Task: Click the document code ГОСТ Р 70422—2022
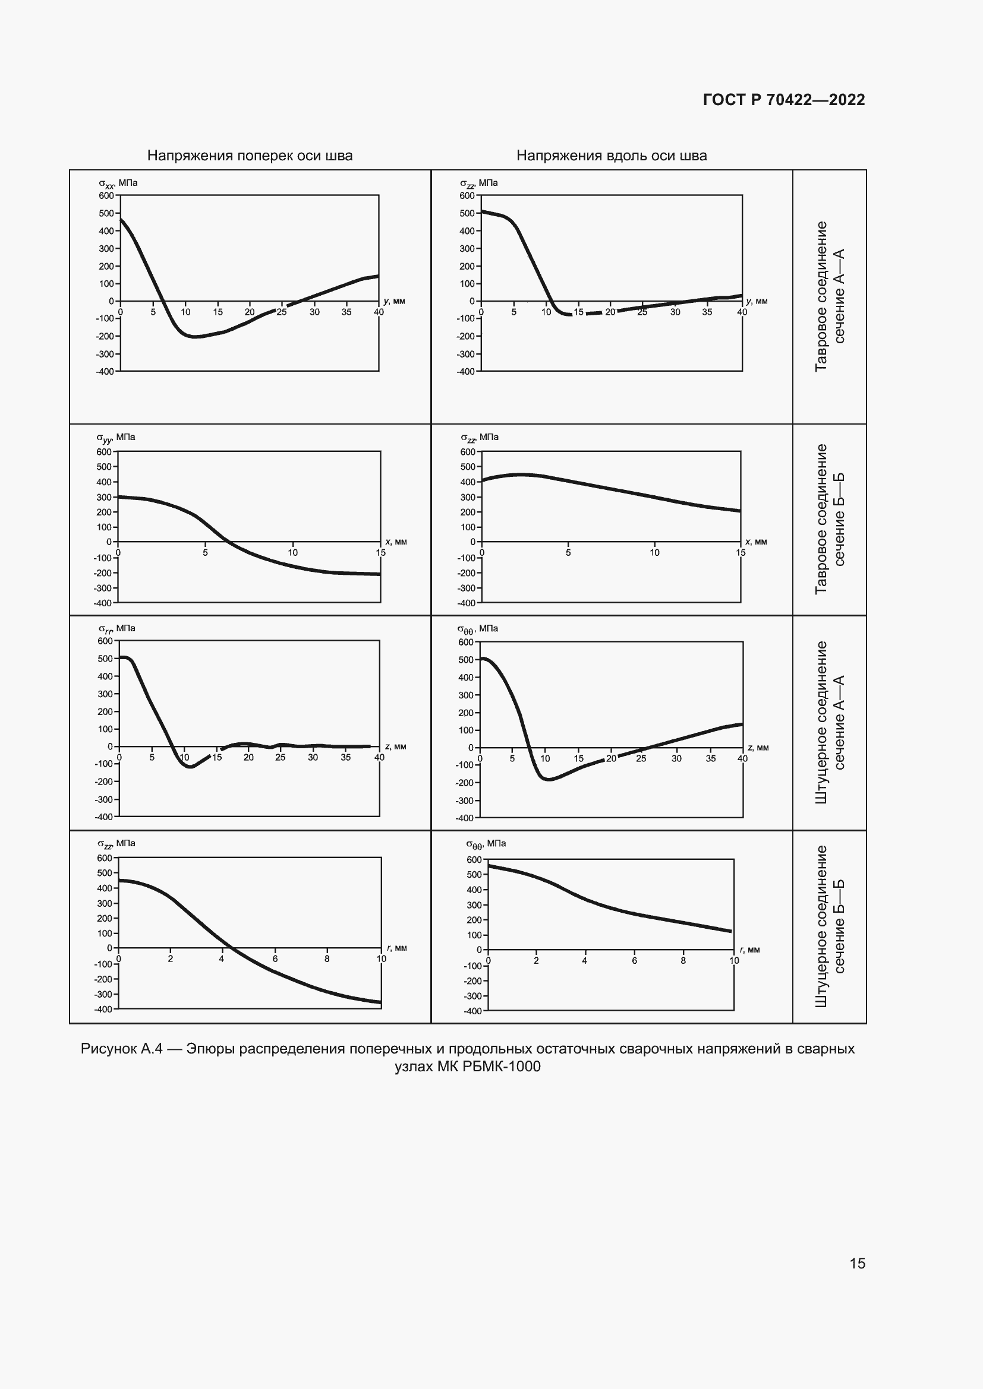pyautogui.click(x=783, y=100)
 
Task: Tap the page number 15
pyautogui.click(x=857, y=1263)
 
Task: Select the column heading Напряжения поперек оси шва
pyautogui.click(x=250, y=156)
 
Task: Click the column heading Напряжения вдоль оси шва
pyautogui.click(x=612, y=156)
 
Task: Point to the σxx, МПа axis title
pyautogui.click(x=118, y=183)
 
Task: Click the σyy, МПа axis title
pyautogui.click(x=116, y=437)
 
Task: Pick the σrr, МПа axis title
pyautogui.click(x=117, y=628)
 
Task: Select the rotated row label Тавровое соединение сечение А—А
pyautogui.click(x=829, y=296)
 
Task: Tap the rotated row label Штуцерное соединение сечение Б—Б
pyautogui.click(x=829, y=926)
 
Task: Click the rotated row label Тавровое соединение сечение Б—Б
pyautogui.click(x=829, y=519)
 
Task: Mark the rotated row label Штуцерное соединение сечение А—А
pyautogui.click(x=829, y=722)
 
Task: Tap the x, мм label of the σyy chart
pyautogui.click(x=396, y=542)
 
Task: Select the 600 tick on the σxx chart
pyautogui.click(x=106, y=195)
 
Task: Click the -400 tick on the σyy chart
pyautogui.click(x=103, y=603)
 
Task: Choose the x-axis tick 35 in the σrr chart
pyautogui.click(x=345, y=757)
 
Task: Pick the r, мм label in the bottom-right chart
pyautogui.click(x=750, y=950)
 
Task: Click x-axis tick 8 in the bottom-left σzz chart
pyautogui.click(x=327, y=958)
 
